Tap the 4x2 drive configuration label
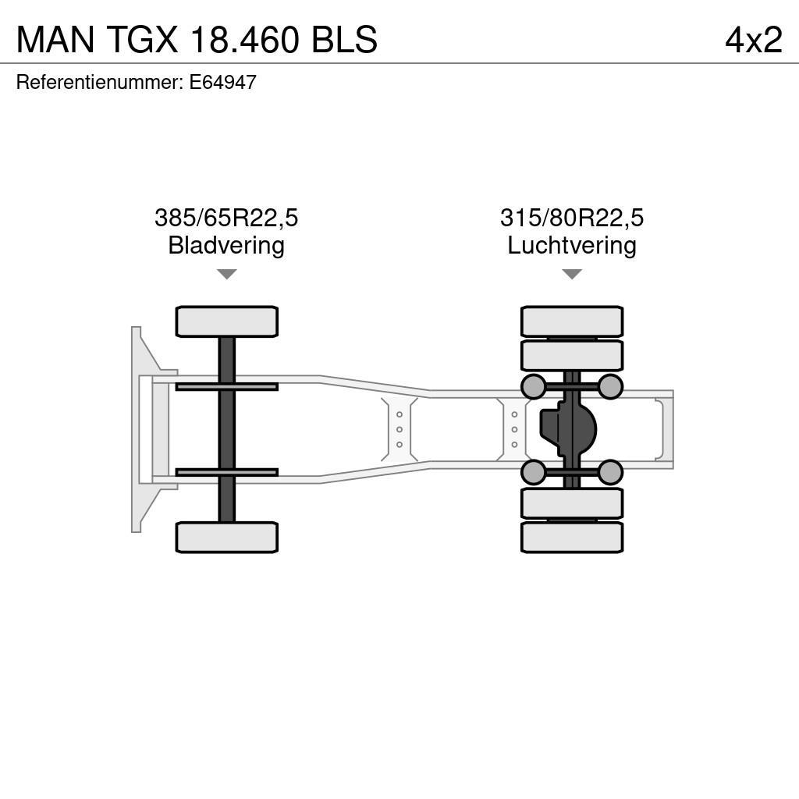click(753, 40)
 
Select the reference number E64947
click(222, 83)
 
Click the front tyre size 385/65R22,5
click(226, 218)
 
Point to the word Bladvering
click(226, 245)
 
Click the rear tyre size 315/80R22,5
click(572, 218)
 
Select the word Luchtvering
click(572, 245)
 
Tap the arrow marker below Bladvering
click(226, 274)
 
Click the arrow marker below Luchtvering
click(572, 274)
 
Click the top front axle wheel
click(226, 321)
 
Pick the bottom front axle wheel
click(226, 537)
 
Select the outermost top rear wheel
click(572, 321)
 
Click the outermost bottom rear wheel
click(572, 537)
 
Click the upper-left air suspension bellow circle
click(533, 386)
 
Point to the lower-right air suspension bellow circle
click(610, 472)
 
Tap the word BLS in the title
click(345, 40)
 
